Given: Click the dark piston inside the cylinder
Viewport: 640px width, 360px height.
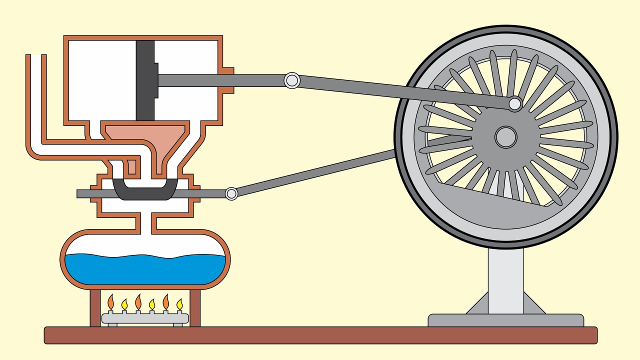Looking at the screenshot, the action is [x=144, y=80].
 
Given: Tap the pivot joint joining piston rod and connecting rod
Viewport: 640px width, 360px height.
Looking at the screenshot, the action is [x=291, y=80].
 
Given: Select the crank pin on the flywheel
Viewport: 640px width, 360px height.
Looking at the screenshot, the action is [x=515, y=104].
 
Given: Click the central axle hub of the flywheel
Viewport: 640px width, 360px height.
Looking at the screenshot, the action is [x=505, y=136].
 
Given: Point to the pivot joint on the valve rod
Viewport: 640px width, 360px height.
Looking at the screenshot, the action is [x=231, y=193].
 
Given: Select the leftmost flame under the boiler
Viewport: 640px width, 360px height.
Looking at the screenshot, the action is [x=111, y=302].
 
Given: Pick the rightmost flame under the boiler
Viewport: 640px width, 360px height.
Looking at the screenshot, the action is [x=179, y=304].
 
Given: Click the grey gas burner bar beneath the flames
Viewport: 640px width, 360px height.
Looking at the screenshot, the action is [x=145, y=318].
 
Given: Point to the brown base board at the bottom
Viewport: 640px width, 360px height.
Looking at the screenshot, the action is [x=320, y=335].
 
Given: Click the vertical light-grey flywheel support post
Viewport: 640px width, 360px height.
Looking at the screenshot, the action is [x=505, y=280].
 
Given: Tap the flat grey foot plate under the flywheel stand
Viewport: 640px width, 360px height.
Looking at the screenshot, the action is [x=505, y=320].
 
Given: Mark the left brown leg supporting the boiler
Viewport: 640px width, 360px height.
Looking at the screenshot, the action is [x=95, y=307].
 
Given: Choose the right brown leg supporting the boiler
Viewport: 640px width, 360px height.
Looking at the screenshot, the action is [x=195, y=307].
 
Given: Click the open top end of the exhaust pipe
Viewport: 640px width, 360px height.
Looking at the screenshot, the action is [x=36, y=56].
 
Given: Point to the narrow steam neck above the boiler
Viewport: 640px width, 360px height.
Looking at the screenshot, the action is [x=145, y=222].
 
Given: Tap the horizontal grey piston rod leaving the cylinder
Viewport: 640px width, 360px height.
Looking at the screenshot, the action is [x=220, y=80].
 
